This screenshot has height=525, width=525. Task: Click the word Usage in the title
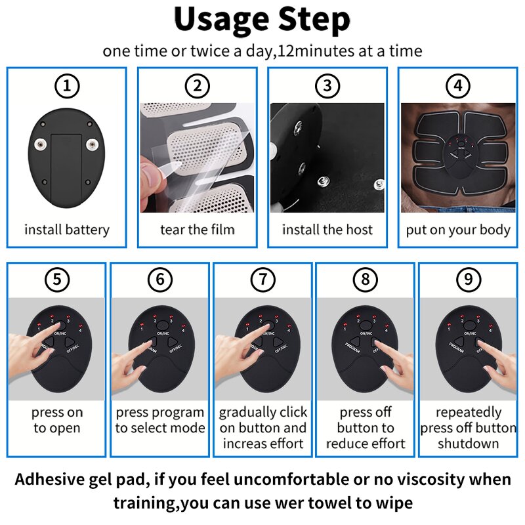pyautogui.click(x=216, y=21)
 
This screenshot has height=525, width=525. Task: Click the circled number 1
pyautogui.click(x=66, y=86)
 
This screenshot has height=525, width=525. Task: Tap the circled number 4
pyautogui.click(x=458, y=86)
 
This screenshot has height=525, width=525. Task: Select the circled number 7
pyautogui.click(x=262, y=280)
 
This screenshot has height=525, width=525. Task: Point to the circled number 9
pyautogui.click(x=468, y=280)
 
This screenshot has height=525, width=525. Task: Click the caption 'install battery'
pyautogui.click(x=66, y=230)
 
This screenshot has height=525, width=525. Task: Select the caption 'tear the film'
pyautogui.click(x=197, y=230)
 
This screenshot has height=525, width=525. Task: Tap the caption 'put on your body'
pyautogui.click(x=458, y=230)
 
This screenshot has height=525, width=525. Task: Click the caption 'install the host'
pyautogui.click(x=327, y=230)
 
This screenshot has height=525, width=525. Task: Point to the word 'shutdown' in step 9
pyautogui.click(x=468, y=444)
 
